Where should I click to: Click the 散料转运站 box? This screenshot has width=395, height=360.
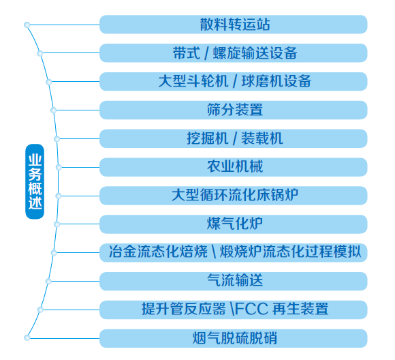234,25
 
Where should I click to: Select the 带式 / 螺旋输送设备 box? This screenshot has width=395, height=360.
234,53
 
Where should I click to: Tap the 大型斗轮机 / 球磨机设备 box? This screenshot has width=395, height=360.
234,82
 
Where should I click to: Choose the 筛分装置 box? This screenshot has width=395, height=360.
234,110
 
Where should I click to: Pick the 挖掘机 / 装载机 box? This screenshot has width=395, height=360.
234,138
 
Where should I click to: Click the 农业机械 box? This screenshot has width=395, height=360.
234,167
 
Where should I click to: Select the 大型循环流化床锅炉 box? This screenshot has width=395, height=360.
234,196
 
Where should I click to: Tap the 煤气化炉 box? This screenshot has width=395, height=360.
234,224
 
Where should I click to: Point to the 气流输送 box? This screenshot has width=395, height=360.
234,281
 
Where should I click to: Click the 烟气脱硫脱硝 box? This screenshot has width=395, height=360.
234,338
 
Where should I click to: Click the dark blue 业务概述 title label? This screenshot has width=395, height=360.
35,181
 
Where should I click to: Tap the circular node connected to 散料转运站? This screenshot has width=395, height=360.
27,25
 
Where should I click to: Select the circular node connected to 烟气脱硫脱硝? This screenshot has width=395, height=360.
27,337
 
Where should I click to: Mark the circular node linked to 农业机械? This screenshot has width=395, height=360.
59,167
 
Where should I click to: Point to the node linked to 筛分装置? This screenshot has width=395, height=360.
53,110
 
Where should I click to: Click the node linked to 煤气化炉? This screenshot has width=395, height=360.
57,224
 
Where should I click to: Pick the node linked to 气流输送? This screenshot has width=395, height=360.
48,282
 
